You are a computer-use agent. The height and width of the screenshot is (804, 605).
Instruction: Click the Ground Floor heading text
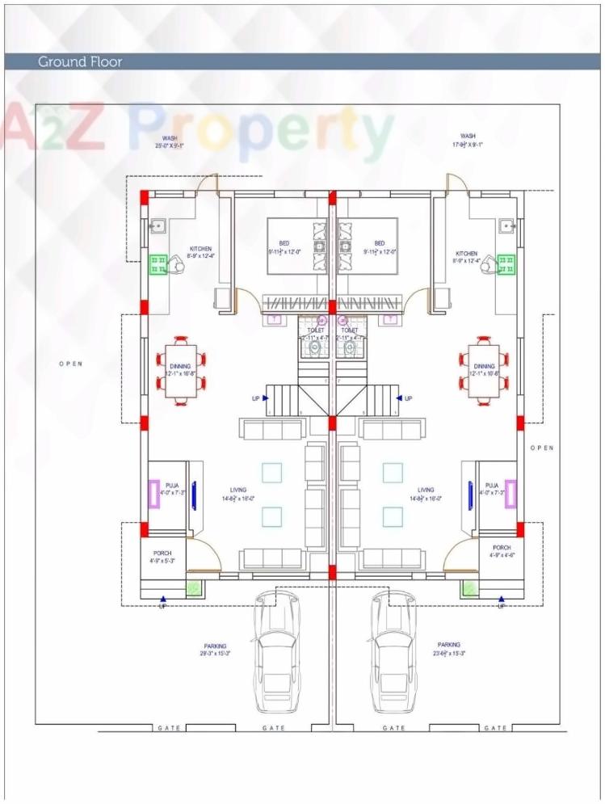click(80, 61)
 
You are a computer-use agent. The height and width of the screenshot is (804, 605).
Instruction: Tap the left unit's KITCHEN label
click(201, 249)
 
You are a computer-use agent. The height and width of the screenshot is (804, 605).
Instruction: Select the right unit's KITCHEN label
click(466, 253)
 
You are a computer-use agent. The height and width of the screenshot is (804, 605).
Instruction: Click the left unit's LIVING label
click(237, 490)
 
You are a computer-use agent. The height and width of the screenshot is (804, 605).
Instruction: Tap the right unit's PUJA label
click(491, 485)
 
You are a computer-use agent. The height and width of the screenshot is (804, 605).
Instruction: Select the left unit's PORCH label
click(162, 553)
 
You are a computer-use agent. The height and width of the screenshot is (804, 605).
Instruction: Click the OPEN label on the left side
click(70, 364)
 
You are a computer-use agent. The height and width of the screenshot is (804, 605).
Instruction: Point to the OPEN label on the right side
click(542, 447)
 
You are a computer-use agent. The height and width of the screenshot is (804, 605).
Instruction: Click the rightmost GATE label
click(495, 728)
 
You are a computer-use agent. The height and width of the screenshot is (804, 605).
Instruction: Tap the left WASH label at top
click(170, 137)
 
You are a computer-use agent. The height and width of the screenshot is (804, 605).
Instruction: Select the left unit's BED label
click(284, 243)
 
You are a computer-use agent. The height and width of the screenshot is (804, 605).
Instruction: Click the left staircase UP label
click(256, 398)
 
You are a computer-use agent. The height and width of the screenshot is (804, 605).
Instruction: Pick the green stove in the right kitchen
click(507, 263)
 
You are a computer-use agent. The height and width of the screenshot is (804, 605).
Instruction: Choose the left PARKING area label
click(215, 646)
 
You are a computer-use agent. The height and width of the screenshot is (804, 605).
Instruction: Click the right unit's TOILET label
click(350, 330)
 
